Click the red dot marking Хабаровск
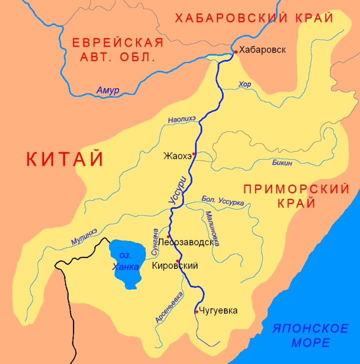[236, 52]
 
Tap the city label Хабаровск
[262, 50]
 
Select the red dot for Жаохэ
[193, 154]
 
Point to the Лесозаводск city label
[195, 243]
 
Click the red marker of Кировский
[177, 261]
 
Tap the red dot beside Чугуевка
[196, 311]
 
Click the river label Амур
[107, 91]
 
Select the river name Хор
[245, 85]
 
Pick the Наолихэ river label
[182, 119]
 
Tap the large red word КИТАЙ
[65, 159]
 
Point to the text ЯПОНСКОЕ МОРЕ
[310, 335]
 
